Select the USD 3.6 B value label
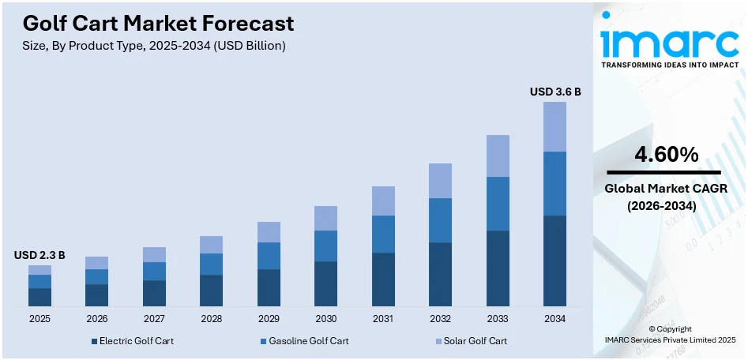point(555,92)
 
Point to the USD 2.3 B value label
point(39,255)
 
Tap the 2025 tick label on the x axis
point(39,318)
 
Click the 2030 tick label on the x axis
point(325,318)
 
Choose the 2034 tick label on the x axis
point(554,318)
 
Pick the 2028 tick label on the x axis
point(211,318)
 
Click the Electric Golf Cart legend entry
point(132,341)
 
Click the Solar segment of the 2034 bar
point(554,126)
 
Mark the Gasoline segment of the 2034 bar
point(554,183)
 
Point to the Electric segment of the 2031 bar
point(383,279)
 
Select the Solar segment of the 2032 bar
point(440,181)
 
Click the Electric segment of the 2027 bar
point(154,293)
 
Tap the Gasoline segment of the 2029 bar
point(269,256)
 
